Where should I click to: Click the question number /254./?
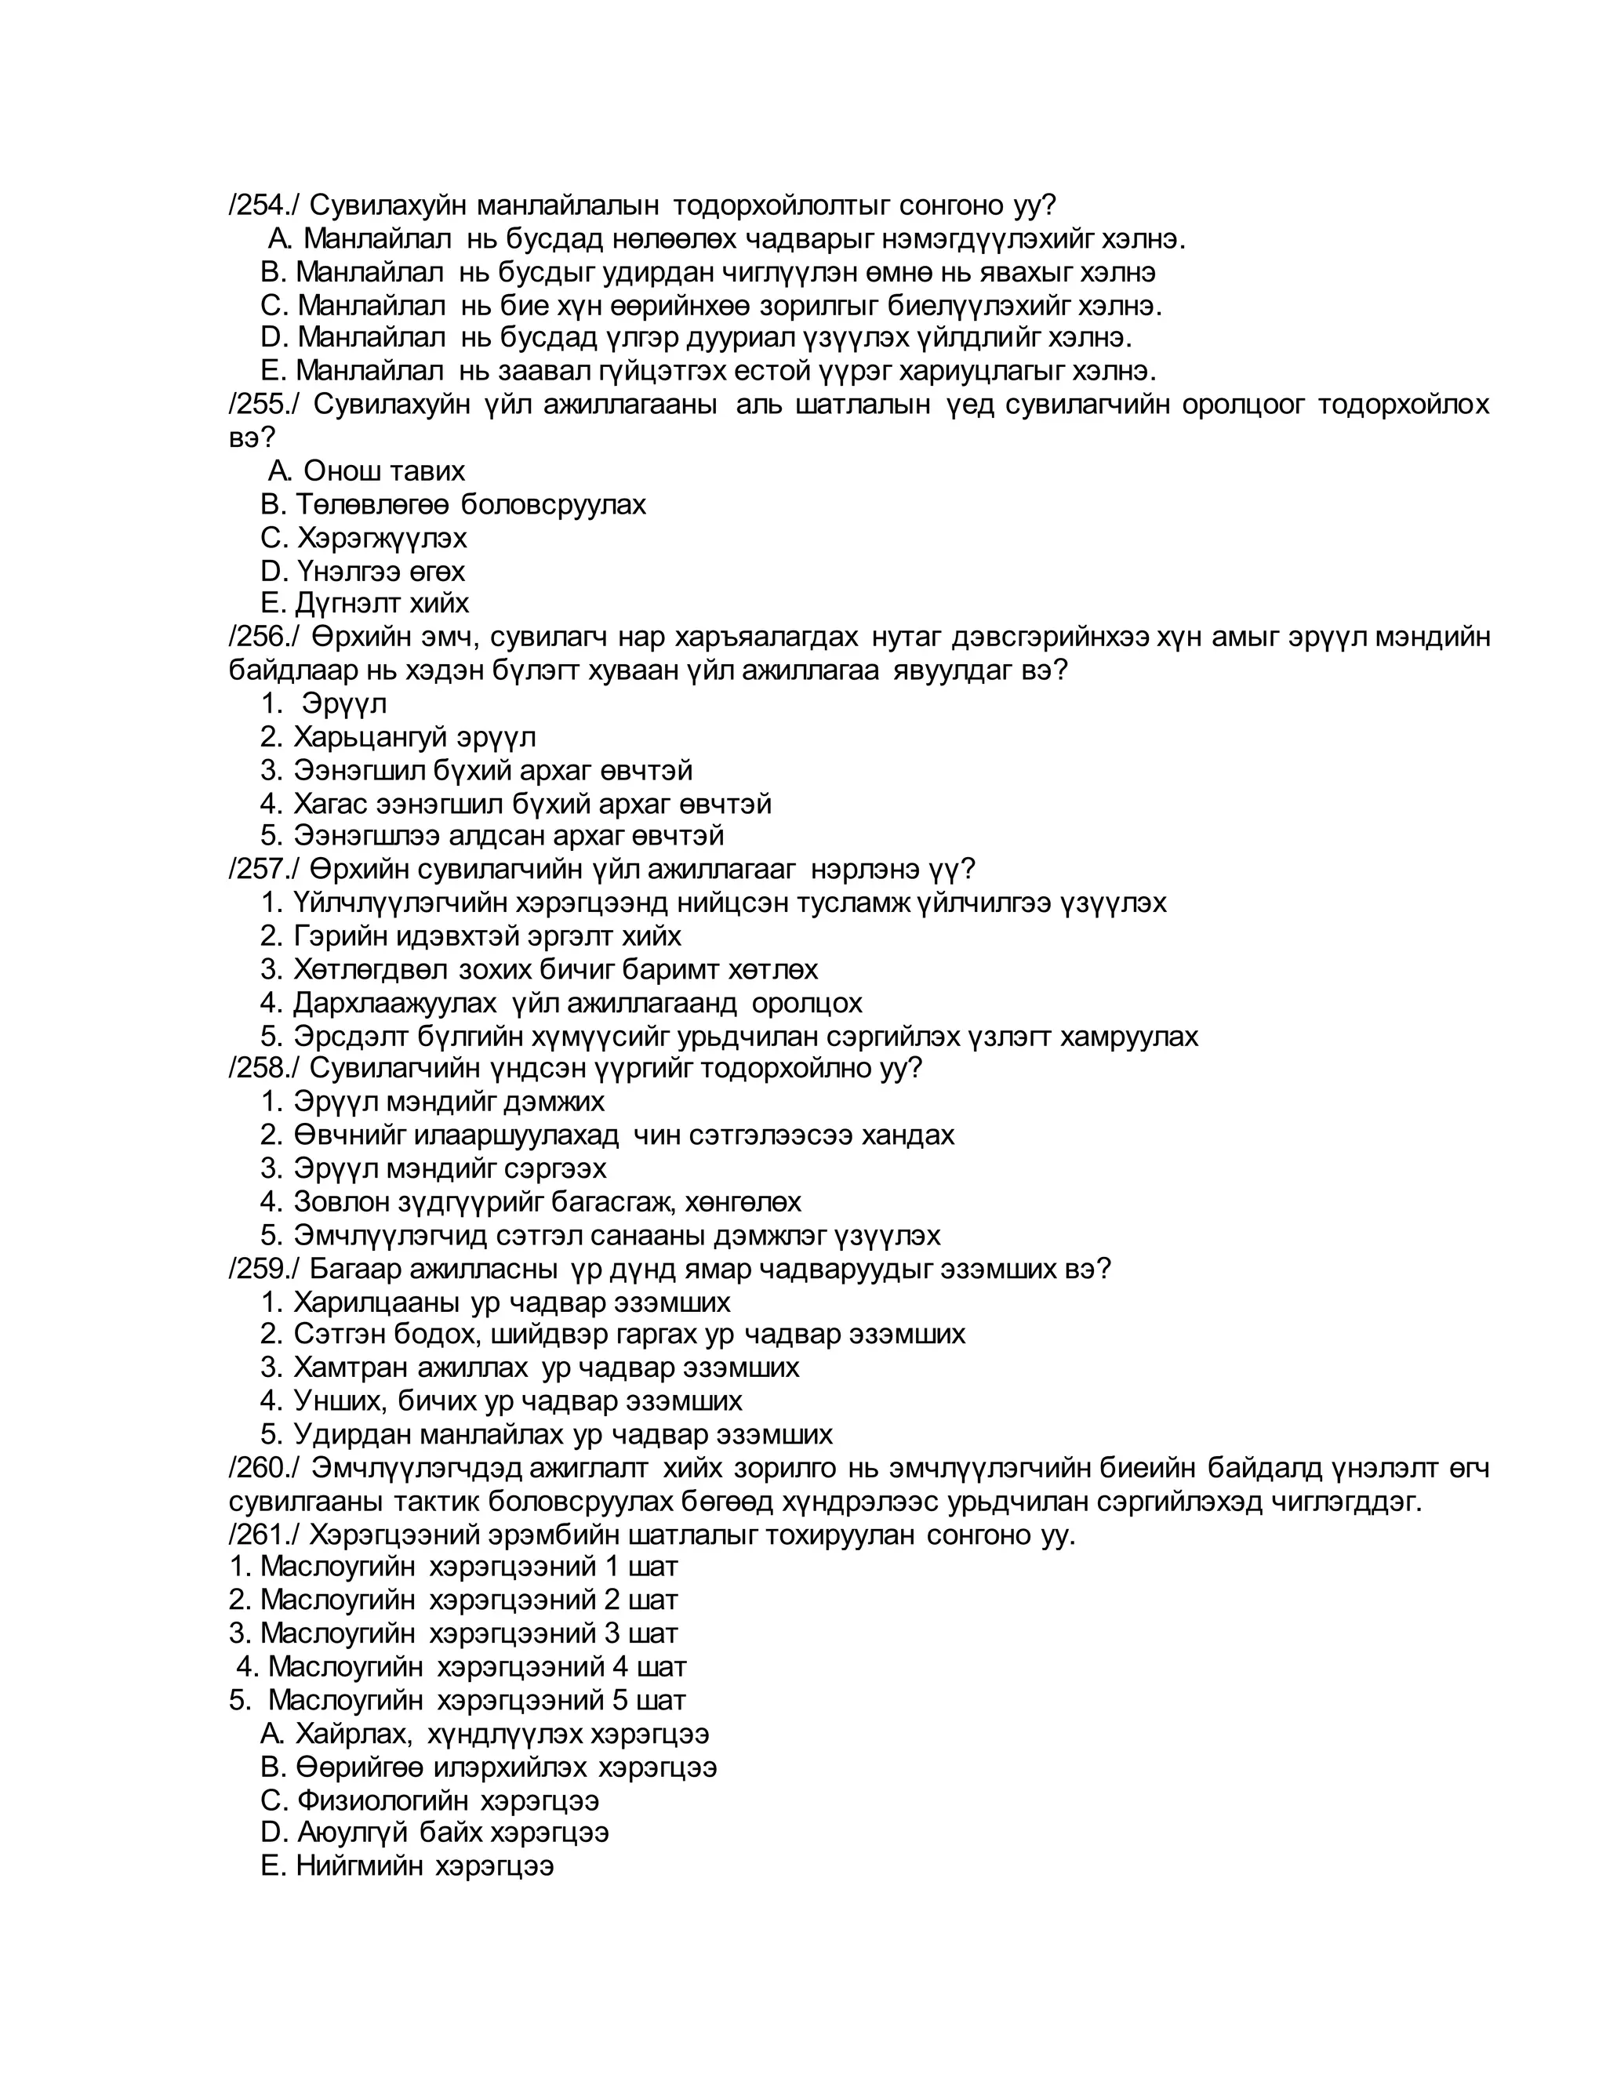pyautogui.click(x=263, y=205)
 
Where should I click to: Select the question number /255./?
pyautogui.click(x=263, y=405)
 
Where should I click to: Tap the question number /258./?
pyautogui.click(x=263, y=1067)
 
